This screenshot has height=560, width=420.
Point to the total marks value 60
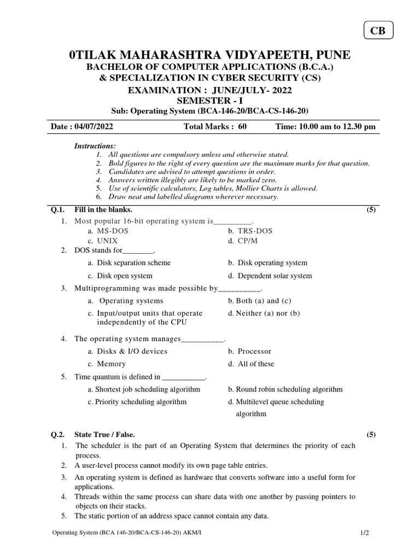[x=242, y=126]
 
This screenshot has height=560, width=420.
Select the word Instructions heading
[x=95, y=145]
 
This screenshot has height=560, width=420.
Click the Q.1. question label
[x=58, y=209]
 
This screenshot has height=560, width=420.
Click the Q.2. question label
[x=58, y=435]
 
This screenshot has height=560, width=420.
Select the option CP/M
[x=249, y=241]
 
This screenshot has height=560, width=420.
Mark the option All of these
[x=255, y=364]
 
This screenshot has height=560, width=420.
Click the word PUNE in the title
[x=330, y=55]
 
